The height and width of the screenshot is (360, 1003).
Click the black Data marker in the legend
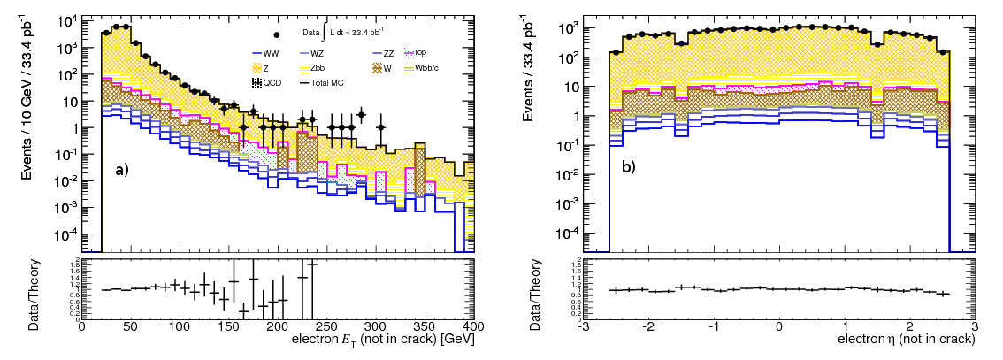pyautogui.click(x=278, y=34)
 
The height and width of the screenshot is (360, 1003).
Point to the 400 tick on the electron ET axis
pyautogui.click(x=473, y=326)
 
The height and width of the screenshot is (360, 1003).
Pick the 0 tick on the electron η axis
pyautogui.click(x=778, y=326)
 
